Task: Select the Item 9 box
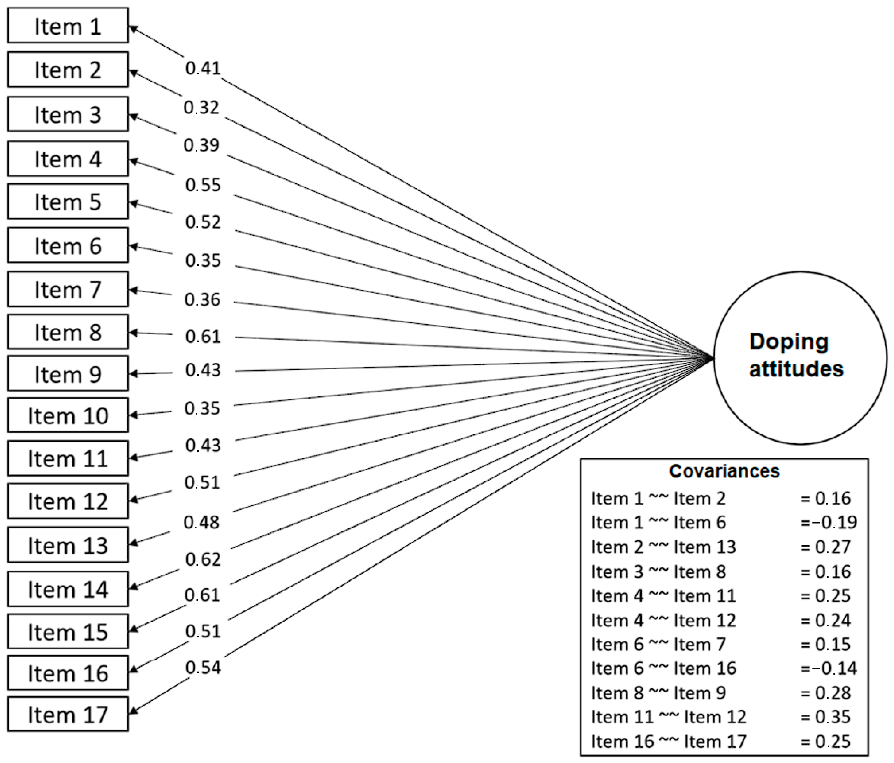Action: coord(68,374)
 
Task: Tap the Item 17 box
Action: coord(68,715)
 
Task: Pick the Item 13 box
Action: coord(68,545)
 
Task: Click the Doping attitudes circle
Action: coord(800,358)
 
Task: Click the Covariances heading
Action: coord(724,471)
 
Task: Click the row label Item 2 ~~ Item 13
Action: coord(663,547)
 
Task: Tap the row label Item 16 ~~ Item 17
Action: coord(668,741)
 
